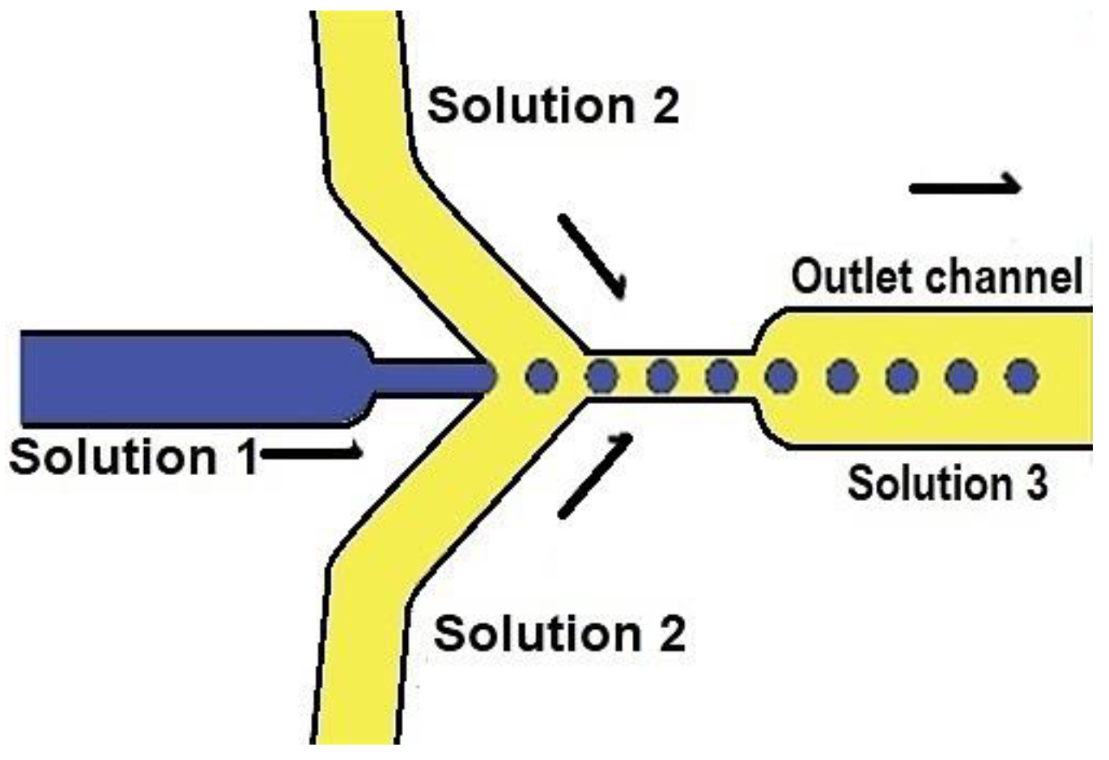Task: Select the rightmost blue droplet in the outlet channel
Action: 1021,376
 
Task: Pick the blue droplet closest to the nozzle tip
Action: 542,376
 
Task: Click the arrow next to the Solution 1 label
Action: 312,452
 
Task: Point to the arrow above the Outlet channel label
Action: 965,187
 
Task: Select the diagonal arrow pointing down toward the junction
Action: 593,255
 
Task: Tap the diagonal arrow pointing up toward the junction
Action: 595,475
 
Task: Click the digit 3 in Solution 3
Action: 1033,483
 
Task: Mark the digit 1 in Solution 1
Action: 246,457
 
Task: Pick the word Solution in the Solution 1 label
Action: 113,457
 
